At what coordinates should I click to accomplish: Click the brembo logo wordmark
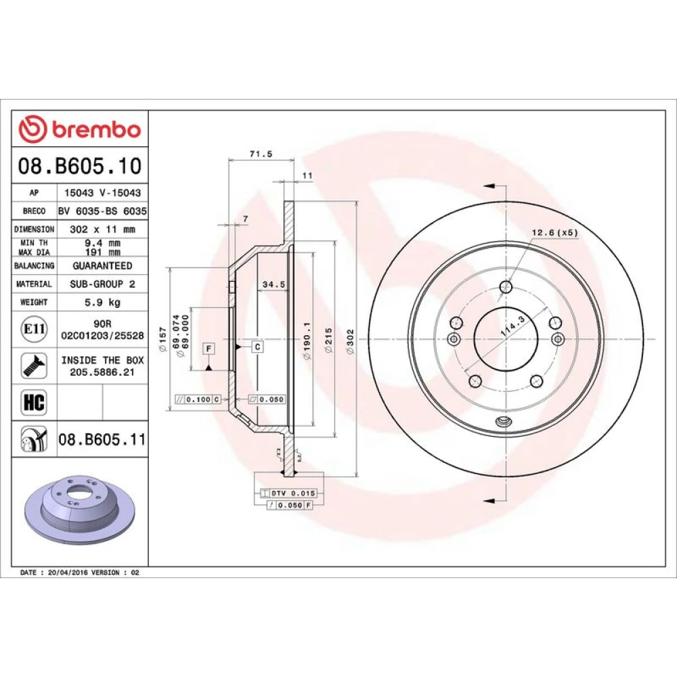pos(97,129)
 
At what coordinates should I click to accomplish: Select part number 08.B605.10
pos(80,166)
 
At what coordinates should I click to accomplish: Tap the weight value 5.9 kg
pos(102,302)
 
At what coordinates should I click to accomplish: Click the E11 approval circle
pos(34,329)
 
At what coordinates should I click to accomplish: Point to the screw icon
pos(34,366)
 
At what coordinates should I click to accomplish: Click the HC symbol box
pos(34,402)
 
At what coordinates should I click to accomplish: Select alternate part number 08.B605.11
pos(102,439)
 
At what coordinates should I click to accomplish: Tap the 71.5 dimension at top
pos(261,154)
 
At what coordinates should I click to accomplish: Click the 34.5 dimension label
pos(274,284)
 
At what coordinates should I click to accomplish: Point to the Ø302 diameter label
pos(351,342)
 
